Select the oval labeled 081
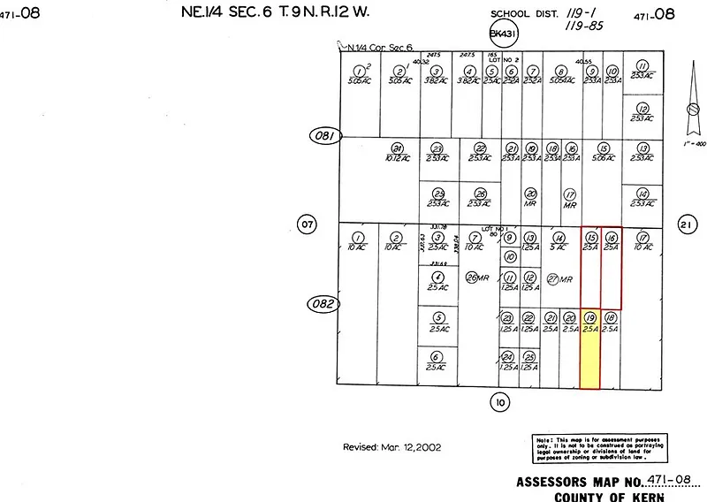pyautogui.click(x=324, y=136)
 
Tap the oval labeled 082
pyautogui.click(x=324, y=303)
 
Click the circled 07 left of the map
pyautogui.click(x=307, y=224)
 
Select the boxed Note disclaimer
pyautogui.click(x=600, y=449)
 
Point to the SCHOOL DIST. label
pyautogui.click(x=522, y=14)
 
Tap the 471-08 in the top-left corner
pyautogui.click(x=23, y=13)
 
